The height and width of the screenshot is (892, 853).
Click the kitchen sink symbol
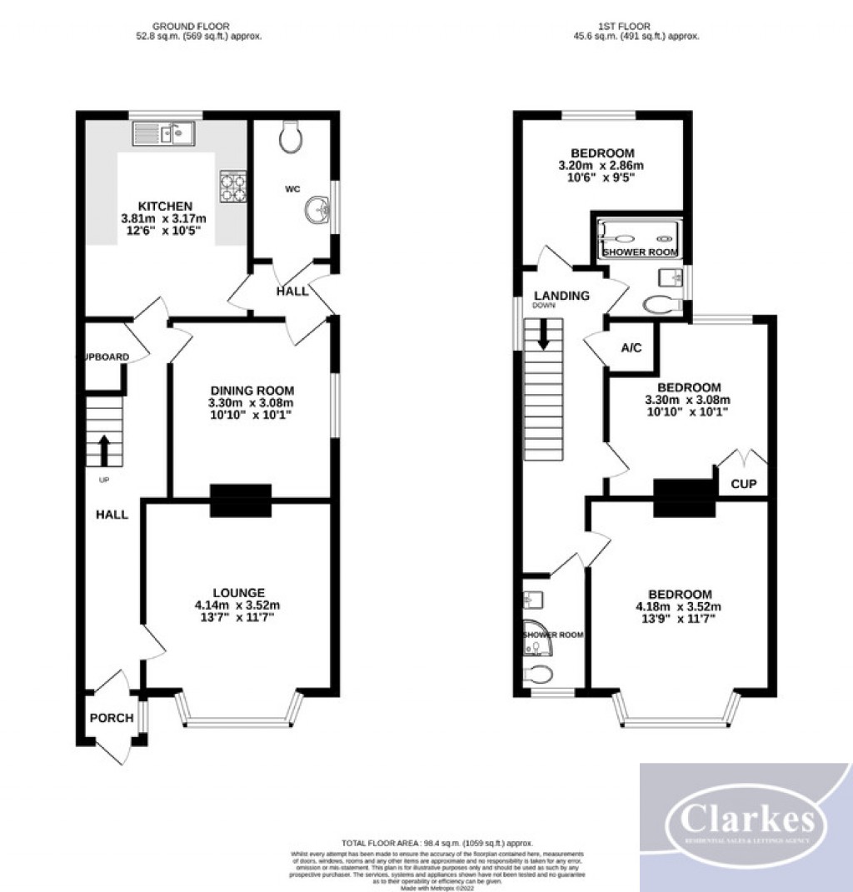tap(163, 132)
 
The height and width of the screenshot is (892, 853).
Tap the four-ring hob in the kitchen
tap(232, 187)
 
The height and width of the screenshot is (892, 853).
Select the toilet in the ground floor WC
tap(292, 137)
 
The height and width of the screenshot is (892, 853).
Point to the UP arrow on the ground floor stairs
tap(104, 450)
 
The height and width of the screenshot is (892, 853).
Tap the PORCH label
tap(112, 718)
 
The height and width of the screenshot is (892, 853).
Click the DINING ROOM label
tap(252, 390)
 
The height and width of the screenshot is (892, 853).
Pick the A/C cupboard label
tap(631, 347)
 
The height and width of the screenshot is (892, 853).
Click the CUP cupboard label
tap(743, 483)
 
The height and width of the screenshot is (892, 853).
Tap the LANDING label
tap(561, 296)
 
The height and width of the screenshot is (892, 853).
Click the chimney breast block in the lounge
tap(241, 501)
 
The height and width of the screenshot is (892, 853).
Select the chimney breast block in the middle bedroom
tap(685, 497)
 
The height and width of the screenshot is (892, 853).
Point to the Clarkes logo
tap(746, 825)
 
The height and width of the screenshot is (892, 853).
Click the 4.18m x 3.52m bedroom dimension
tap(680, 606)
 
